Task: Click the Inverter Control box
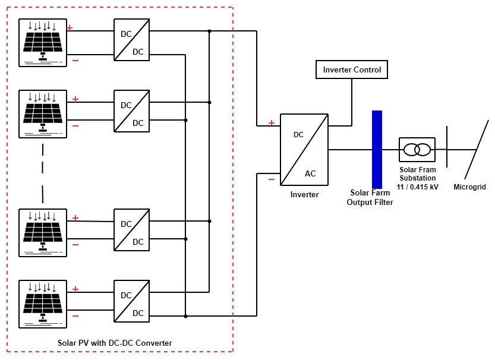point(352,70)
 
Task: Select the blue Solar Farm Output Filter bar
point(377,149)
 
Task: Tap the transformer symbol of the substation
point(417,149)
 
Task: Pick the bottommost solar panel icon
point(43,304)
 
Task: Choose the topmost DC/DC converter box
point(131,43)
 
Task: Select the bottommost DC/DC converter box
point(131,304)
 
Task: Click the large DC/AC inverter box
point(304,149)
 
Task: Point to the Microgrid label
point(469,187)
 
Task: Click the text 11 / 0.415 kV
point(417,187)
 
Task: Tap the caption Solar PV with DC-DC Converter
point(115,343)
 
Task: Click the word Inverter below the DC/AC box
point(304,194)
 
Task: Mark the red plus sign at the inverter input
point(272,123)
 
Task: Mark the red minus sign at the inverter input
point(272,178)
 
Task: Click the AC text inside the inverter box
point(310,173)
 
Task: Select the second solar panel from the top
point(43,113)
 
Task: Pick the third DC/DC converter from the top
point(131,232)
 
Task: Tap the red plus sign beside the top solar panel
point(70,27)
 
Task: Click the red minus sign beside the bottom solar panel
point(75,316)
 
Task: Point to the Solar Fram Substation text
point(417,173)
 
